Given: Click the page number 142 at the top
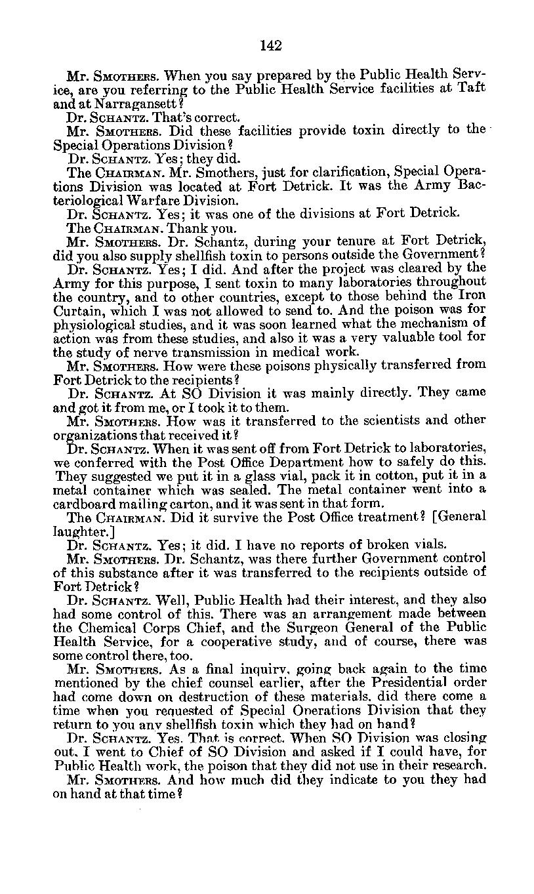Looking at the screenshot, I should pos(270,45).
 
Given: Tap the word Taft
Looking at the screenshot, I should pos(471,89).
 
